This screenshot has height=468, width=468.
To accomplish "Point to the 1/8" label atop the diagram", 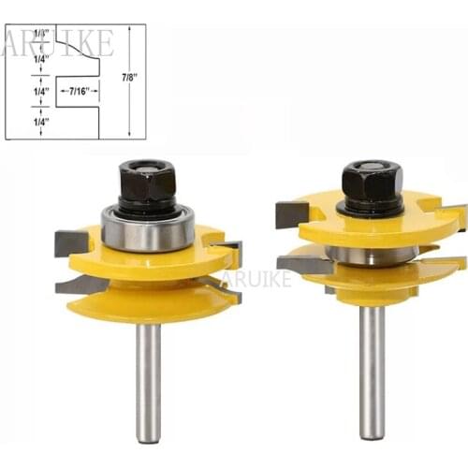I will pos(40,34).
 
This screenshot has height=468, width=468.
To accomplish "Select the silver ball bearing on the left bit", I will pos(147,228).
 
